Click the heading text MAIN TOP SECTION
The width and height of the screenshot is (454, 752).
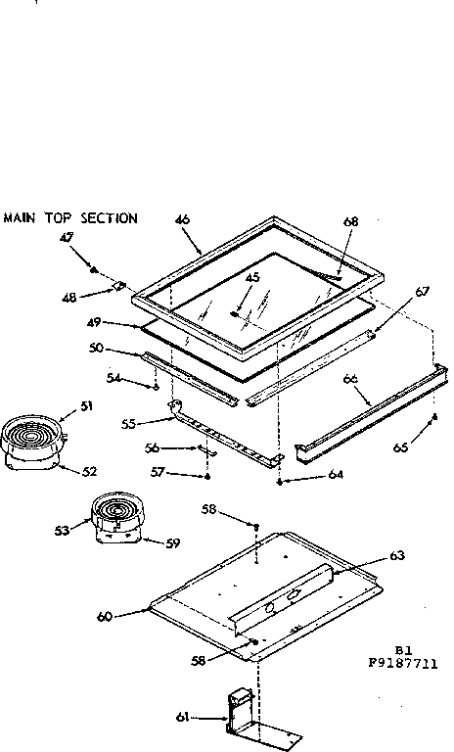[69, 218]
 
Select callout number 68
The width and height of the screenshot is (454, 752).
[351, 221]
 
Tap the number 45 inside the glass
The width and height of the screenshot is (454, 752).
[252, 278]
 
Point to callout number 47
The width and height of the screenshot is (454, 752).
[66, 238]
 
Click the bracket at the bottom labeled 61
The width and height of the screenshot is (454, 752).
[241, 711]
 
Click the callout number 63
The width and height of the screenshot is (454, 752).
[396, 556]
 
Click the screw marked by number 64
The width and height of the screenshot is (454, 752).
[281, 482]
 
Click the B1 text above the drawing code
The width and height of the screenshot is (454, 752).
[402, 649]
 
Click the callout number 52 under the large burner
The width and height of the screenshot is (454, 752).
[89, 471]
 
